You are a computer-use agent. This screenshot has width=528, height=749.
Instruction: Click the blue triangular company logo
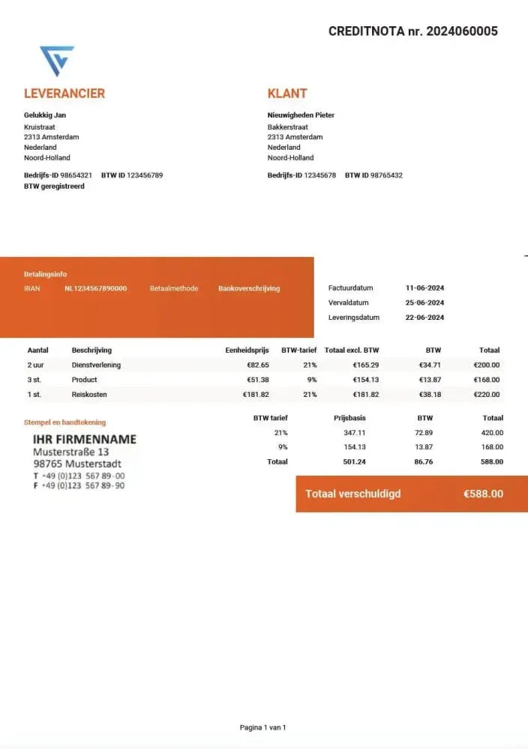(57, 60)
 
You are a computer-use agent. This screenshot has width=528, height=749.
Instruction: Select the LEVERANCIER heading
(64, 94)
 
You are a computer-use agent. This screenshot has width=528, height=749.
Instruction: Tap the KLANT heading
(287, 94)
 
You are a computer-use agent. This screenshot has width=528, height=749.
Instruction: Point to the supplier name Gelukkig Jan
(45, 115)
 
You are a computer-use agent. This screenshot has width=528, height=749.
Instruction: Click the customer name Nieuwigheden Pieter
(301, 115)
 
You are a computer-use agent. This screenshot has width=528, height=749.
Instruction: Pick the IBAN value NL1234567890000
(95, 288)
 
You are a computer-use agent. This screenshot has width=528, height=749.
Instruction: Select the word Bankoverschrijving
(249, 288)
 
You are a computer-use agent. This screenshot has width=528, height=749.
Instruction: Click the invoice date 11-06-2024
(424, 288)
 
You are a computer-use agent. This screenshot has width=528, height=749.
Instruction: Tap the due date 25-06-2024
(424, 303)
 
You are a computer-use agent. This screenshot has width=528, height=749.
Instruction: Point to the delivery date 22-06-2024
(424, 318)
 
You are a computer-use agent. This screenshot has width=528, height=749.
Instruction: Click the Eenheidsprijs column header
(247, 350)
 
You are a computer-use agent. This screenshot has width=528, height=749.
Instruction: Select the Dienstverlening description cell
(96, 365)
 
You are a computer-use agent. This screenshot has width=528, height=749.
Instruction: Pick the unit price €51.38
(257, 380)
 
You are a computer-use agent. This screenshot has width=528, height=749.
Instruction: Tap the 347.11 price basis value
(355, 433)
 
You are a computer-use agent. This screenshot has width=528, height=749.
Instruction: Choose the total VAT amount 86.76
(424, 461)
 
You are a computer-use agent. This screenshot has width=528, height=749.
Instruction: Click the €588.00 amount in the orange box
(483, 494)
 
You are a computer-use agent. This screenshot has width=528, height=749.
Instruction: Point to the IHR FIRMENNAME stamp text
(85, 439)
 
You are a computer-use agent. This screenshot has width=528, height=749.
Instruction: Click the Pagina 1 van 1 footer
(262, 727)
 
